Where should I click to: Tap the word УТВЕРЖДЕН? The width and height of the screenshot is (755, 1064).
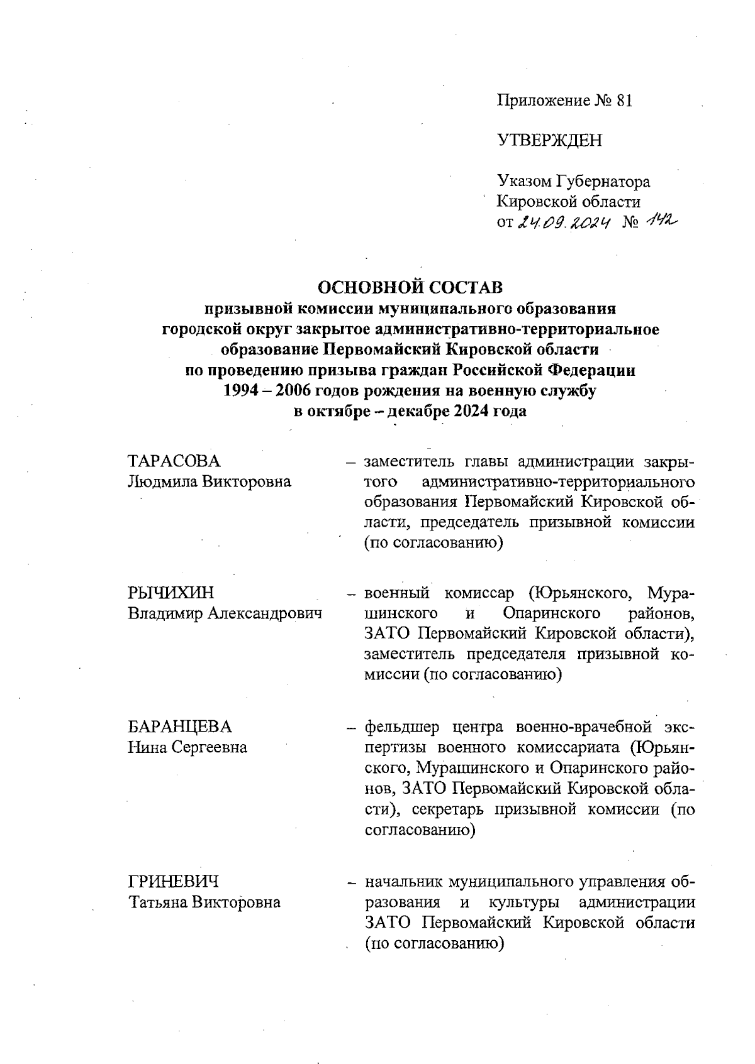coord(549,140)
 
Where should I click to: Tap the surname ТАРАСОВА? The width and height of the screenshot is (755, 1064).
coord(174,461)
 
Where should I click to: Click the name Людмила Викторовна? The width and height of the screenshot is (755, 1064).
coord(210,482)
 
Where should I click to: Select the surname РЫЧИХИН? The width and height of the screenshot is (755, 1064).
coord(171,593)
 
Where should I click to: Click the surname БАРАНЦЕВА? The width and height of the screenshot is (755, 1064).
coord(180,727)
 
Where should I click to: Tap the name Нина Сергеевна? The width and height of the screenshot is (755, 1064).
coord(187,747)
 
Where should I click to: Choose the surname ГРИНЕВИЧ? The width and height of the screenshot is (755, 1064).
coord(174,882)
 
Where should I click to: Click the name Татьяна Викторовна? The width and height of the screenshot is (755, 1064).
coord(204,902)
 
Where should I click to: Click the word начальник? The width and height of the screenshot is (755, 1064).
coord(402,882)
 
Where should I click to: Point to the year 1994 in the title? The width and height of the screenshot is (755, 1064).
coord(242,391)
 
